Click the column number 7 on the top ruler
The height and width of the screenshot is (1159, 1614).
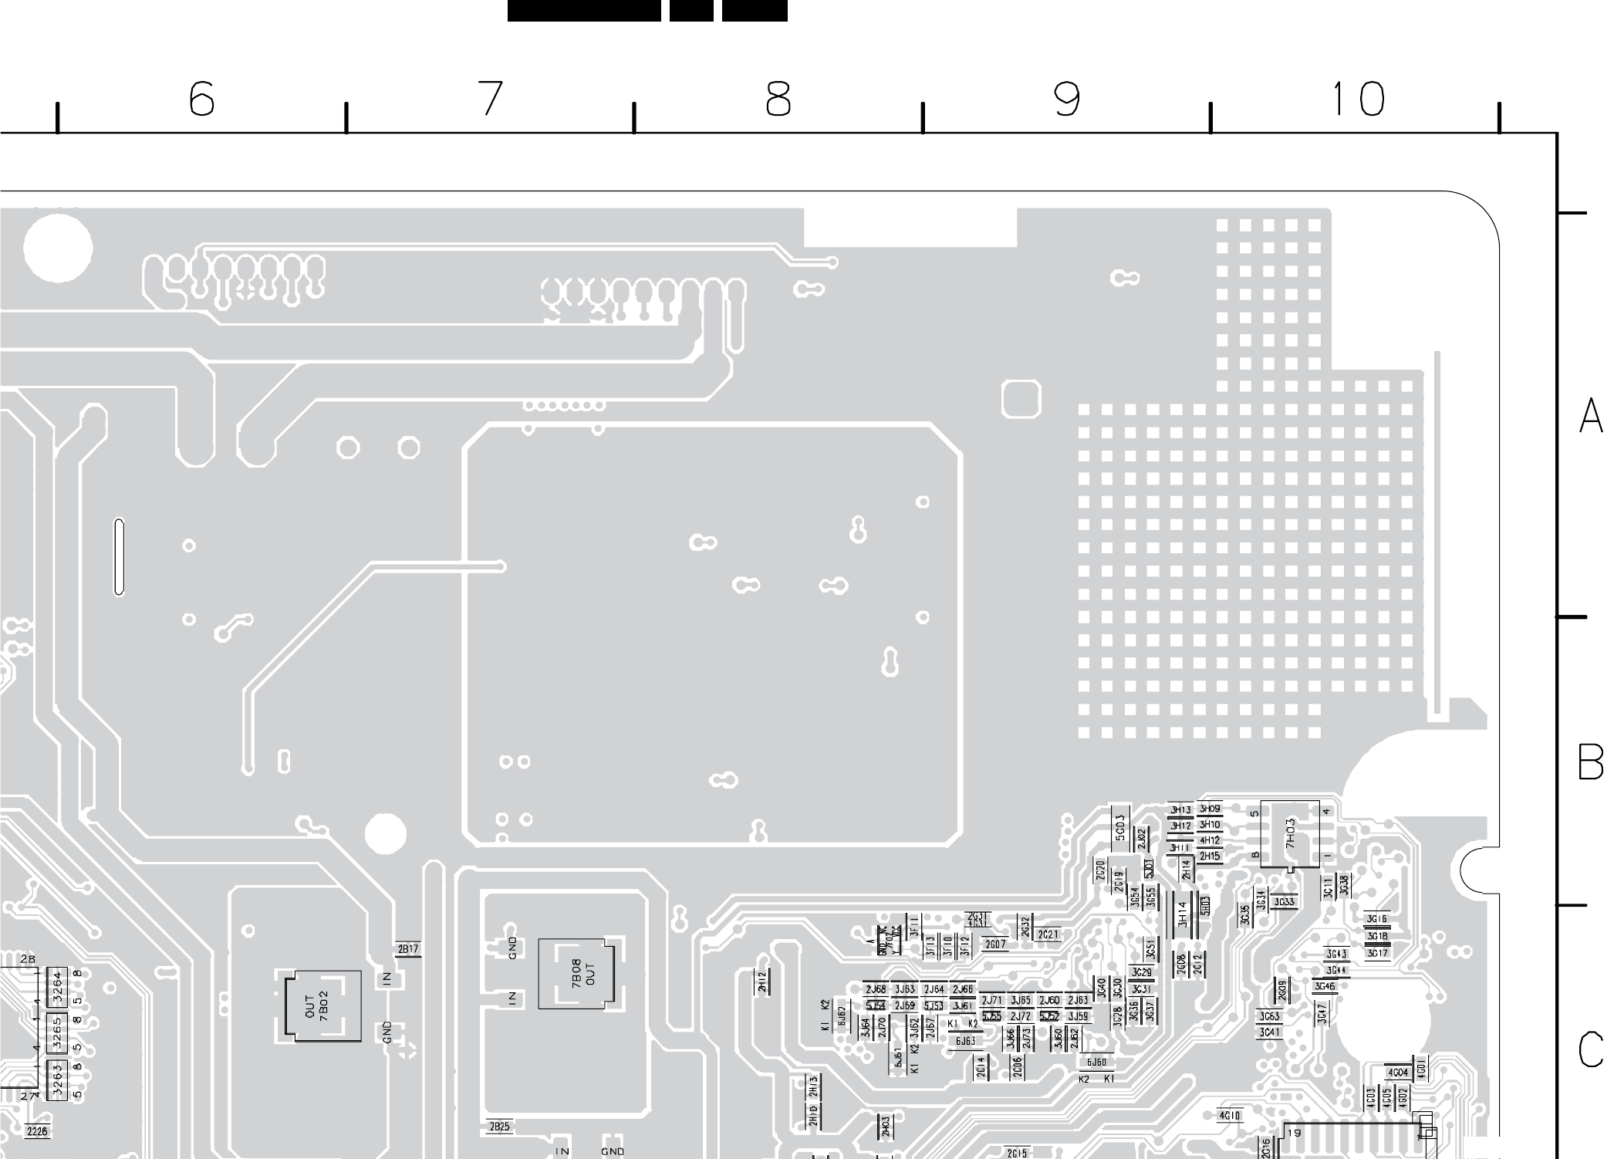click(x=491, y=99)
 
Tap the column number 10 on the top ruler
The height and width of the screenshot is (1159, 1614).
click(x=1357, y=100)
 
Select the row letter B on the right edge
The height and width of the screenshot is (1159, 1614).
click(x=1590, y=763)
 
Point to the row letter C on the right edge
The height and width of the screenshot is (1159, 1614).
click(x=1590, y=1051)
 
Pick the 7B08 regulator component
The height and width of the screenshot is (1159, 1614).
click(x=581, y=973)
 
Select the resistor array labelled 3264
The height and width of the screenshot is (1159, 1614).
click(x=56, y=987)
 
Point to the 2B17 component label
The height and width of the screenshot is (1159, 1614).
click(x=407, y=949)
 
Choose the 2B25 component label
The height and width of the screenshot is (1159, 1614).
click(x=499, y=1127)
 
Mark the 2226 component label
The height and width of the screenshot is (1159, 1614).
click(x=36, y=1131)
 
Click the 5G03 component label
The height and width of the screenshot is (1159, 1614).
click(x=1120, y=825)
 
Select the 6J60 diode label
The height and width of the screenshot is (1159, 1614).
click(x=1096, y=1063)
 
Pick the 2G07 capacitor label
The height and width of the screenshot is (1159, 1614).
click(x=995, y=944)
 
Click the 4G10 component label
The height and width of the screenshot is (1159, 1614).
click(x=1229, y=1116)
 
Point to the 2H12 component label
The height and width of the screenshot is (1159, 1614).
click(x=762, y=982)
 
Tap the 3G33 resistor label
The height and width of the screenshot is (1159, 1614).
click(x=1284, y=902)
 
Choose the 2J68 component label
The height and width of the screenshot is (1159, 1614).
click(x=876, y=990)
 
